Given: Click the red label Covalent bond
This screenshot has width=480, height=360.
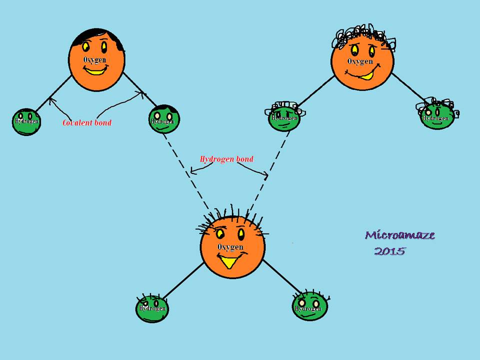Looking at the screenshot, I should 87,122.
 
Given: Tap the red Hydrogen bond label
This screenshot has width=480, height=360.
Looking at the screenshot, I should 226,159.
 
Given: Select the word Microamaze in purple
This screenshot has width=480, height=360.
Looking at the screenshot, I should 400,235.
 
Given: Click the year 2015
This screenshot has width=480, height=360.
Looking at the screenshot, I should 389,251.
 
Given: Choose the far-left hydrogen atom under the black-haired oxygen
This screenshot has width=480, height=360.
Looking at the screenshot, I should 26,121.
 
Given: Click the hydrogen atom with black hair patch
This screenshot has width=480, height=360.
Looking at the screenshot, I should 164,119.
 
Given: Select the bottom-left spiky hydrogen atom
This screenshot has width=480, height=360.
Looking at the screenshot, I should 152,307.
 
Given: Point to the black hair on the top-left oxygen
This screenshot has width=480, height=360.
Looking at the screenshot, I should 97,36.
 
